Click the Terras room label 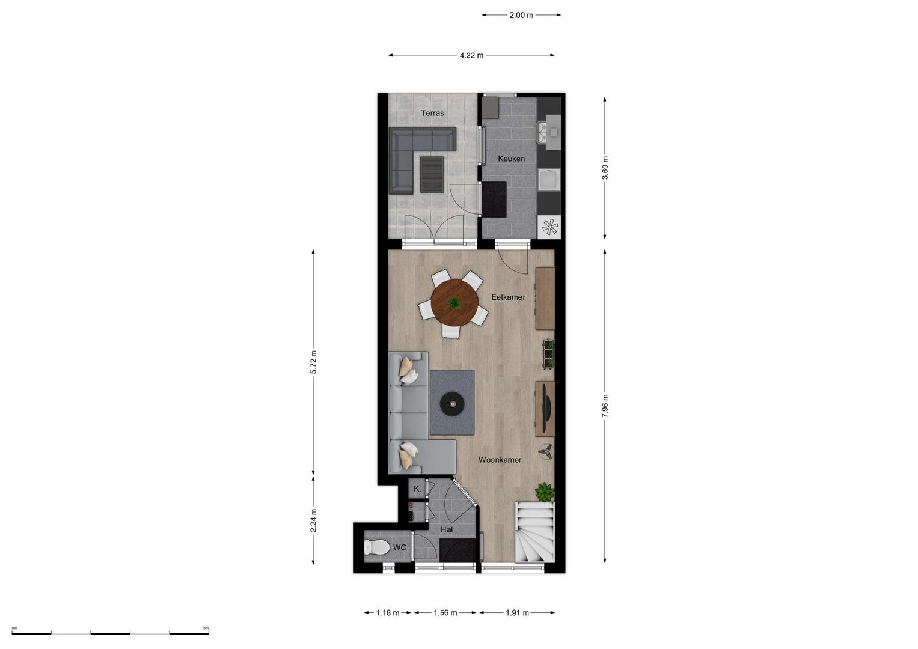click(x=432, y=113)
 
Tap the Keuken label click(x=511, y=159)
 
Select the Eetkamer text click(x=508, y=297)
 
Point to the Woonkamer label click(x=500, y=460)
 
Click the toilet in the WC click(x=376, y=547)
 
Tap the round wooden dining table click(x=454, y=303)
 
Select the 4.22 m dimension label click(x=471, y=55)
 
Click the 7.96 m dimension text click(x=605, y=406)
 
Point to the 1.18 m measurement click(x=387, y=613)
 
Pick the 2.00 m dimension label click(x=521, y=15)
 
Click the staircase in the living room click(x=534, y=532)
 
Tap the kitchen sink click(x=549, y=180)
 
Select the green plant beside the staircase click(x=545, y=492)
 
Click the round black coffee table click(x=453, y=404)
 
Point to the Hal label click(x=446, y=529)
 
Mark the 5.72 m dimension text click(x=313, y=362)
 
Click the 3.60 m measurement click(x=605, y=168)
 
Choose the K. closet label click(x=417, y=489)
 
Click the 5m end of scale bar click(x=209, y=633)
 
